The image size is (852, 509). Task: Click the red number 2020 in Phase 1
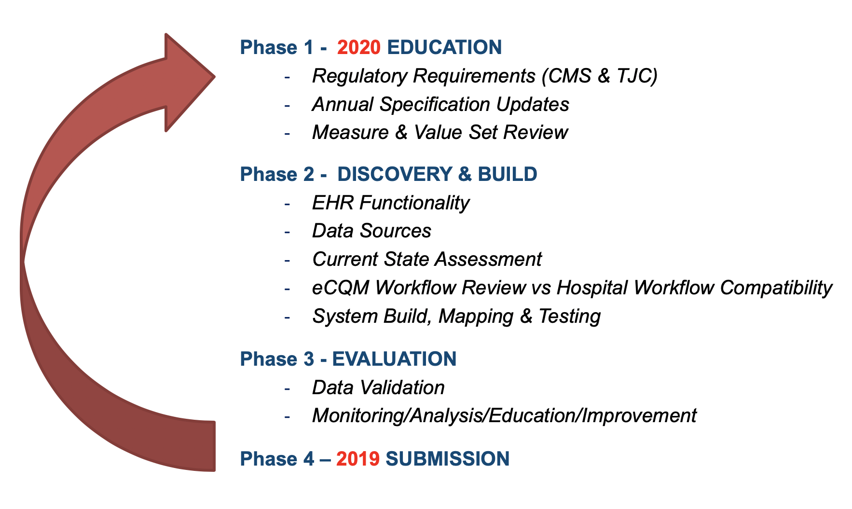359,47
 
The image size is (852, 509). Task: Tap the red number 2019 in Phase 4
358,459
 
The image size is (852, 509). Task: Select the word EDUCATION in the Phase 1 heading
444,47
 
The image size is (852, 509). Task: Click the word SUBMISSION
448,459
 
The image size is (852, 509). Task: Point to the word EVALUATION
394,359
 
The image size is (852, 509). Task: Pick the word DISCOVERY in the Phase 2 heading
395,174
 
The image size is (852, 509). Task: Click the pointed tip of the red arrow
214,76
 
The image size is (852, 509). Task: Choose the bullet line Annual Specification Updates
440,104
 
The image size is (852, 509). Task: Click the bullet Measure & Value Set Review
440,132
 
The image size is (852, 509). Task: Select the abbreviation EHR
333,203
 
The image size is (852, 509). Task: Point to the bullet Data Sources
371,231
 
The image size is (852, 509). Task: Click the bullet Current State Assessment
427,259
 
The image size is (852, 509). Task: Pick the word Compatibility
776,288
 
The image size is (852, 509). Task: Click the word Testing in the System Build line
570,316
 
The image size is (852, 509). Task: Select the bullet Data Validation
378,387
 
